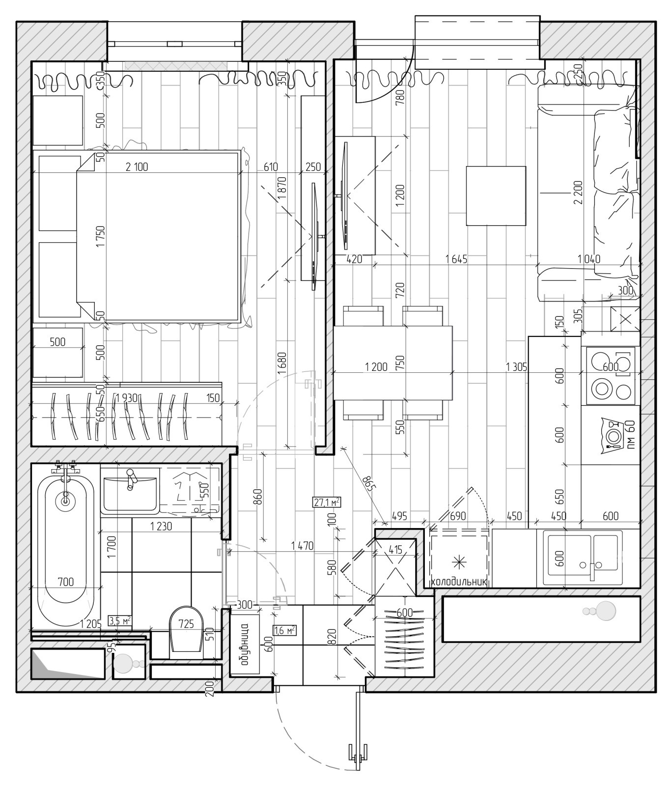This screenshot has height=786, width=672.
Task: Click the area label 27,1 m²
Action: coord(327,502)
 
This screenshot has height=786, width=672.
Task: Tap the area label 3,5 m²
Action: coord(120,620)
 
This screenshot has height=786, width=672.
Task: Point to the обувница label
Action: coord(244,644)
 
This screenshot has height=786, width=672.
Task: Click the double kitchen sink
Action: coord(582,558)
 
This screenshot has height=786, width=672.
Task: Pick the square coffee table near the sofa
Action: coord(496,196)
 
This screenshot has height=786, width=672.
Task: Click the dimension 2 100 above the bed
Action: coord(137,167)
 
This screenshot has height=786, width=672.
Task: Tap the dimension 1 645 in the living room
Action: coord(456,258)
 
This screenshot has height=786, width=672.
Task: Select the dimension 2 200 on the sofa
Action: coord(578,193)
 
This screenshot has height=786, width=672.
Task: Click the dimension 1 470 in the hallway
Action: coord(302,545)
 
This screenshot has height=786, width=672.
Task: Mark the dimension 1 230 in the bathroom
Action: coord(161,527)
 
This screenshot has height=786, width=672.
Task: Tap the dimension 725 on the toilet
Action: coord(186,624)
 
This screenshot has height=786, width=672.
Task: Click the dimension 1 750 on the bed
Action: coord(101,236)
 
